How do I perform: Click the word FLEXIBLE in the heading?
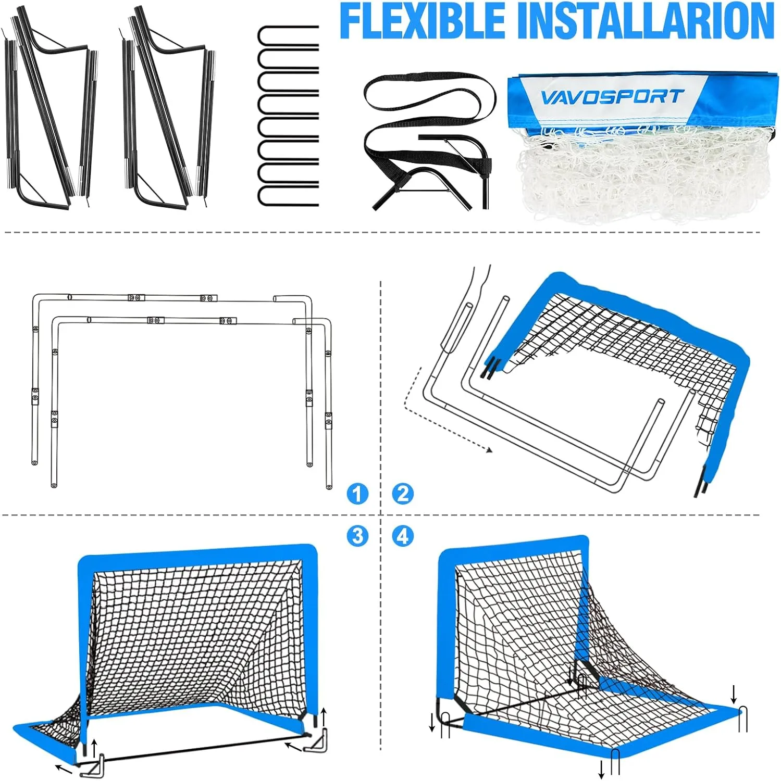[x=423, y=20]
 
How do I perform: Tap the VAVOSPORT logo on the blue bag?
[x=611, y=97]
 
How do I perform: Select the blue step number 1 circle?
[x=357, y=494]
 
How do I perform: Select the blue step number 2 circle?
[x=403, y=494]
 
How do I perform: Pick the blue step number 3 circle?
[x=357, y=536]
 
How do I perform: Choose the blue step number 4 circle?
[x=403, y=536]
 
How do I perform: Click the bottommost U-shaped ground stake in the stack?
[x=288, y=194]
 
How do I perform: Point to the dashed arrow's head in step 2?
[x=488, y=450]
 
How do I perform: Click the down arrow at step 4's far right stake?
[x=734, y=694]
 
